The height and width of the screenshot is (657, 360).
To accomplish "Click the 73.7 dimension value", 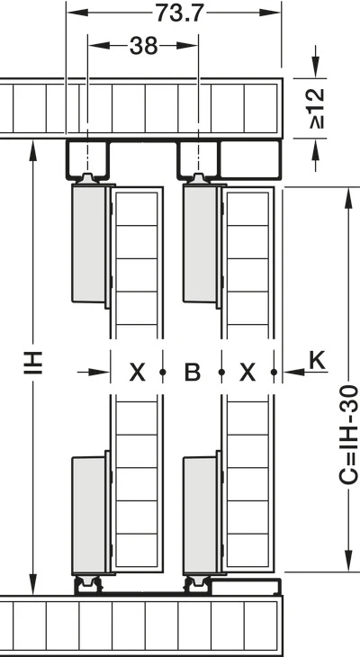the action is coord(179,13).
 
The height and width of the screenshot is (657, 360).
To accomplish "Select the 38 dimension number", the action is coord(143,46).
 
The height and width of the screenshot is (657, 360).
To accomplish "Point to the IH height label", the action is coord(32,363).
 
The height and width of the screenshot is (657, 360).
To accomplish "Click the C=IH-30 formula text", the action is coord(348,436).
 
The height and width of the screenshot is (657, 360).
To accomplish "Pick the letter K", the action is coord(318,361).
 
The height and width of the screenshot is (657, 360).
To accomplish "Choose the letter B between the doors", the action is coord(193,372).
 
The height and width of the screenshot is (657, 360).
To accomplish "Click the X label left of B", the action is coord(137,372).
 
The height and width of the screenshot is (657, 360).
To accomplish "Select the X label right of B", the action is coord(247,372).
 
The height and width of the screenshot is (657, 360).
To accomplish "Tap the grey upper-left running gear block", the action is coord(89,244).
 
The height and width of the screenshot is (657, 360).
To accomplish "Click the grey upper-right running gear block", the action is coord(200,244).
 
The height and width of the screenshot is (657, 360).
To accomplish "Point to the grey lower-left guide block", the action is coord(89,515).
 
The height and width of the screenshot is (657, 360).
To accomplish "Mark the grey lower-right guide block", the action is coord(200,515).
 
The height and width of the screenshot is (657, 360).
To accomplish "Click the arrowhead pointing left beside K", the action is coord(293,372).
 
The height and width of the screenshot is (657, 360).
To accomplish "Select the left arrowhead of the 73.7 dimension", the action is coord(77,13).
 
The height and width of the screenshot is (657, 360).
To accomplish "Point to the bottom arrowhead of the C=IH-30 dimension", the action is coord(347,561).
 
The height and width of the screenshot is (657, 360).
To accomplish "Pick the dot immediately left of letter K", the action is coord(274,372).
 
